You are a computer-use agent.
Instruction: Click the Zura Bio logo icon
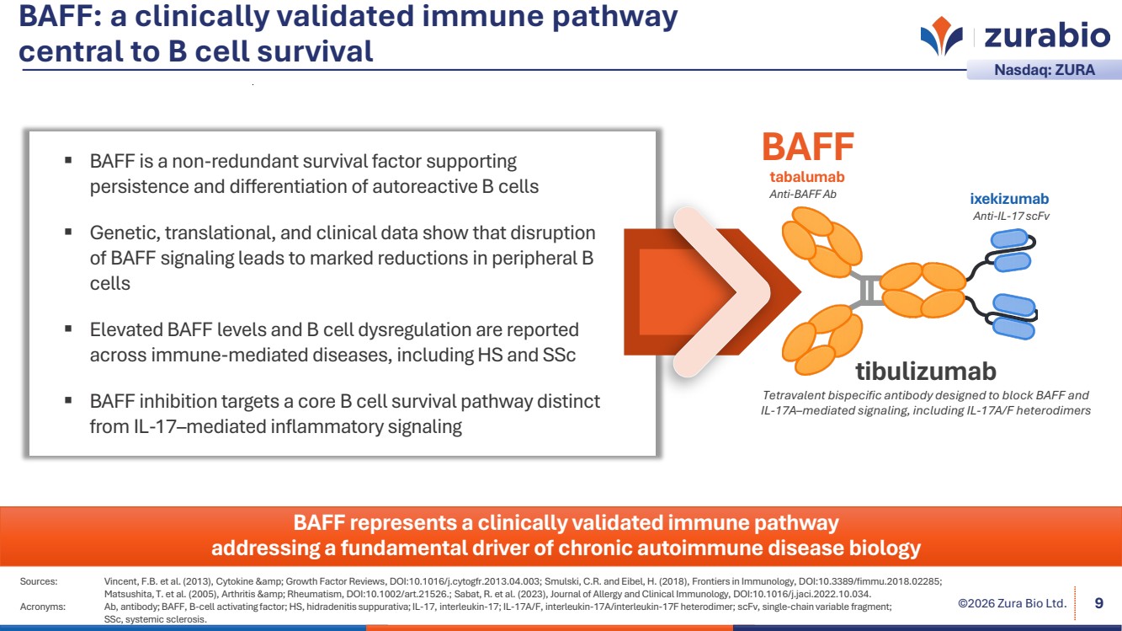tap(941, 36)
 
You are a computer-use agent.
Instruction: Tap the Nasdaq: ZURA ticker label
tap(1045, 70)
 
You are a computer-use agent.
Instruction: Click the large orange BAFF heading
tap(807, 147)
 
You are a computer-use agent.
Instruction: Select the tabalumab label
tap(806, 177)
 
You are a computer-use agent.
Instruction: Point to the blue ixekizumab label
tap(1009, 200)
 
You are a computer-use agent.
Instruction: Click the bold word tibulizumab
tap(925, 371)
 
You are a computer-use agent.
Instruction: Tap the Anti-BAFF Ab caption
tap(803, 194)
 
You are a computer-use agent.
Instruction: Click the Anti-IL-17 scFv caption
tap(1011, 216)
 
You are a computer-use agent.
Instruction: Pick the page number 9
tap(1098, 602)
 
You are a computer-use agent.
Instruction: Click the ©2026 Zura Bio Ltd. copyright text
tap(1013, 603)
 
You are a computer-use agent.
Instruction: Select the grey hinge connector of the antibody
tap(867, 290)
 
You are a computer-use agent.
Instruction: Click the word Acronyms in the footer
tap(43, 606)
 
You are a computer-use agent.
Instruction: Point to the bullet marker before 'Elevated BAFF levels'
tap(68, 329)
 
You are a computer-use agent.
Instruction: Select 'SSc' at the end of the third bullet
tap(558, 355)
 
